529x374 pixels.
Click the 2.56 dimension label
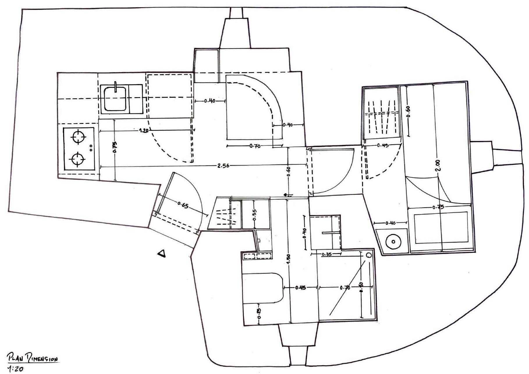[x=223, y=166]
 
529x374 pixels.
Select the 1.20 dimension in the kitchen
[x=144, y=131]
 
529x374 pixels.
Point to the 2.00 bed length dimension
[x=439, y=165]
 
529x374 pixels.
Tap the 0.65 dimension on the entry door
[x=183, y=206]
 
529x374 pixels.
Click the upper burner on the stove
[x=78, y=137]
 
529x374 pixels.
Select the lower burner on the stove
[x=77, y=159]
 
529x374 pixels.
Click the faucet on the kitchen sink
[x=116, y=86]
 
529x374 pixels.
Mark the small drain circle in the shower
[x=369, y=255]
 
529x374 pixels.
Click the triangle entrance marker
[x=162, y=253]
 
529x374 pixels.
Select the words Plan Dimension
[x=32, y=358]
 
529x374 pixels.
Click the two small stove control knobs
[x=91, y=148]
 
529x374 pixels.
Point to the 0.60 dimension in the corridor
[x=288, y=172]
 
